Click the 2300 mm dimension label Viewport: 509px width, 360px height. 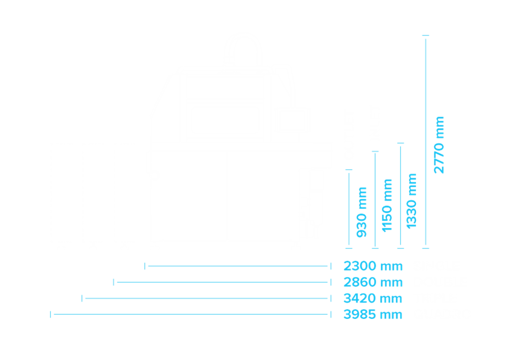(x=373, y=266)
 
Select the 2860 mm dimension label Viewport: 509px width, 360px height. (x=373, y=283)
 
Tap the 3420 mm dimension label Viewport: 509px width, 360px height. (x=373, y=298)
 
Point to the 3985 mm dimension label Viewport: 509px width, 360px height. (x=373, y=315)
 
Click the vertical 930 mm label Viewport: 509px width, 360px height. (x=361, y=212)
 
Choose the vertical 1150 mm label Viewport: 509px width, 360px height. (x=387, y=206)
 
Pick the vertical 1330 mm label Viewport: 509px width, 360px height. (x=411, y=201)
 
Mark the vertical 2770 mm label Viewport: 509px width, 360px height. (x=439, y=145)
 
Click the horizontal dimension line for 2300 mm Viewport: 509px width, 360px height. (x=238, y=266)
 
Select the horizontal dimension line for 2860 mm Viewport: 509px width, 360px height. (x=222, y=283)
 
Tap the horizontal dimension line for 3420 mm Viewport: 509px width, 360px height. (x=207, y=298)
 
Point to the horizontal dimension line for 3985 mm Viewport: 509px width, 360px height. (x=191, y=315)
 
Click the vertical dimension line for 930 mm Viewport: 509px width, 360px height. (x=349, y=209)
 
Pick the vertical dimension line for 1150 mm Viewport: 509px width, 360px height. (x=375, y=200)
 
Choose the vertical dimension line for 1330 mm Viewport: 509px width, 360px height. (x=401, y=196)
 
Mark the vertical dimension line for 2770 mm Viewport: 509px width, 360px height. (x=426, y=142)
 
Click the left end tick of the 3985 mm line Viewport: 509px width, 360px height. (x=50, y=315)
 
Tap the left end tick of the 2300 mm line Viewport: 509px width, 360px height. (x=145, y=266)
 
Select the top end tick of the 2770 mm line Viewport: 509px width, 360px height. (x=426, y=35)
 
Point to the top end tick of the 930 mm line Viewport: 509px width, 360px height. (x=349, y=170)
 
